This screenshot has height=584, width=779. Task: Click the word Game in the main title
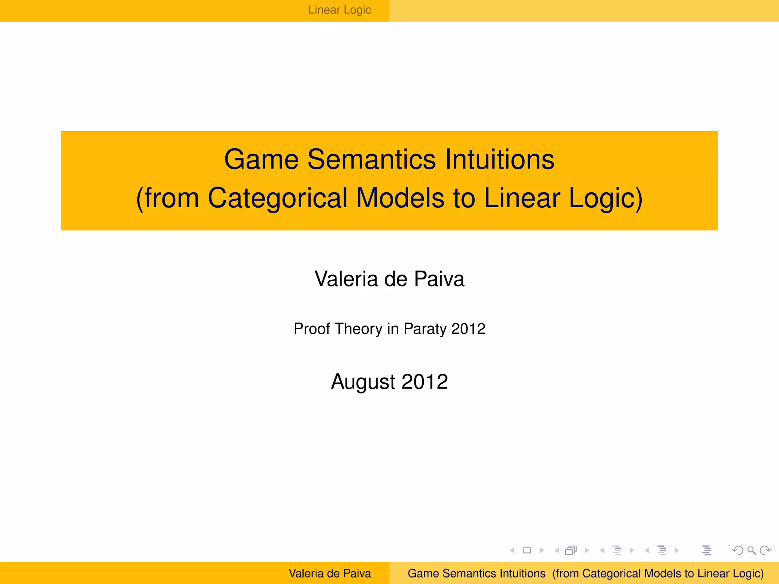pyautogui.click(x=261, y=159)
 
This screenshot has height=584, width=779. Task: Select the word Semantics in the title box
pyautogui.click(x=371, y=159)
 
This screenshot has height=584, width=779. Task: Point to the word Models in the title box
pyautogui.click(x=400, y=198)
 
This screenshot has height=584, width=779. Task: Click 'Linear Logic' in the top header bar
pyautogui.click(x=340, y=10)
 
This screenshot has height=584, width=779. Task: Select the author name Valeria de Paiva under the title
pyautogui.click(x=389, y=279)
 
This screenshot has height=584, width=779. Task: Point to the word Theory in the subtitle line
pyautogui.click(x=359, y=329)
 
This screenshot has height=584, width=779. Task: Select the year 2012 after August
pyautogui.click(x=425, y=382)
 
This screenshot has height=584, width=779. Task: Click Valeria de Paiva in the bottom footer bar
pyautogui.click(x=330, y=573)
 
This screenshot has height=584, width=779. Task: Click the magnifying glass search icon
pyautogui.click(x=751, y=550)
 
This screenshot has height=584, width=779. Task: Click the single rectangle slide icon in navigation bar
pyautogui.click(x=527, y=550)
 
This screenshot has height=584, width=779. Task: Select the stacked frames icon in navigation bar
pyautogui.click(x=571, y=550)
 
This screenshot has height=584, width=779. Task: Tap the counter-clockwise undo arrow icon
pyautogui.click(x=738, y=550)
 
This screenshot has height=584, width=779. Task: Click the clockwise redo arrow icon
pyautogui.click(x=765, y=550)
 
